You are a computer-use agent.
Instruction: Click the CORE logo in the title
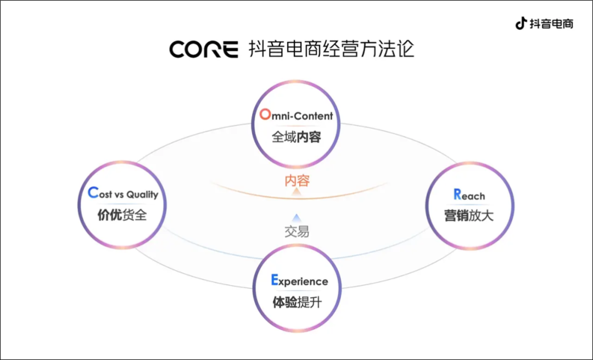[203, 49]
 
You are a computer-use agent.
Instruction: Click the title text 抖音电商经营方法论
[331, 48]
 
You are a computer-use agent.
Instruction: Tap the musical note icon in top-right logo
[521, 24]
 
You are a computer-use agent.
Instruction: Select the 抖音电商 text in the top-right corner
[551, 24]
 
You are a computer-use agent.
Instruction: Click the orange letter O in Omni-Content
[265, 115]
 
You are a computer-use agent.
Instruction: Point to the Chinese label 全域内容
[296, 137]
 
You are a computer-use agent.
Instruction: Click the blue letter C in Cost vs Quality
[93, 193]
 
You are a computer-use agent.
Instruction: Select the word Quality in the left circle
[142, 195]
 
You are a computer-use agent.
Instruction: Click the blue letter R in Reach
[457, 194]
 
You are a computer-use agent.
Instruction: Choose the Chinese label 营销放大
[469, 215]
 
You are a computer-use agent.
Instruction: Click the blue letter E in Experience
[275, 280]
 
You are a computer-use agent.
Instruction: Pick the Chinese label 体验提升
[296, 302]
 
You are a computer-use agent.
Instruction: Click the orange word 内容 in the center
[296, 180]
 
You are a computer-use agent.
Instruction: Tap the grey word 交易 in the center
[296, 231]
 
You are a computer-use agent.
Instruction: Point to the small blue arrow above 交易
[296, 217]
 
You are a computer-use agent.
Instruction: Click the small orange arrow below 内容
[296, 192]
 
